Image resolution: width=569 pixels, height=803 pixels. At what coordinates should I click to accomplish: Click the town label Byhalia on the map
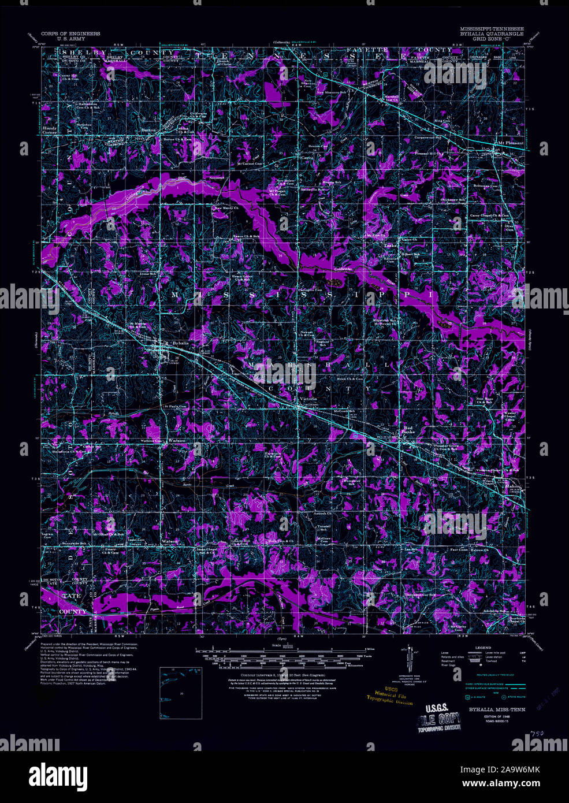coord(181,343)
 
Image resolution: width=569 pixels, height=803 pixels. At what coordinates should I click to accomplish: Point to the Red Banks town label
coord(408,432)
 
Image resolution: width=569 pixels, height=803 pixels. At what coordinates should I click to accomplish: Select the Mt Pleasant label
coord(510,143)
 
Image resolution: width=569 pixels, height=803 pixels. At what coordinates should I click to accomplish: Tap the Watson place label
coord(170,541)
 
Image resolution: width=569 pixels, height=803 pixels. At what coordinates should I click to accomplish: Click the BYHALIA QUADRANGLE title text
coord(492,34)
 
